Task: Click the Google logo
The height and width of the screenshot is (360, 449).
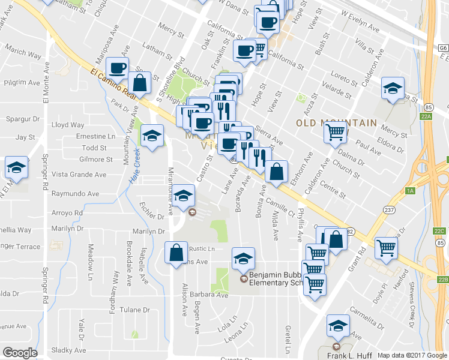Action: point(20,353)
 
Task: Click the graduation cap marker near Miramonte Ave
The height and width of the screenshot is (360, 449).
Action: point(184,194)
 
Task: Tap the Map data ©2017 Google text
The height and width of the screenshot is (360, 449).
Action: point(412,355)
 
